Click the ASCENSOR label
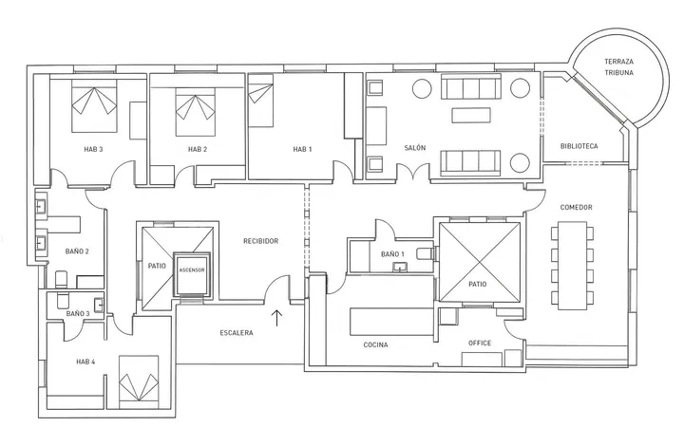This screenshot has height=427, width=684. click(192, 270)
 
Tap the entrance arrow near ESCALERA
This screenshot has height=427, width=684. click(276, 318)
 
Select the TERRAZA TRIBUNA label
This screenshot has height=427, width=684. click(618, 67)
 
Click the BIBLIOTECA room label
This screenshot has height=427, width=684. click(579, 146)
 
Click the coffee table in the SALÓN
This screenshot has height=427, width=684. click(471, 115)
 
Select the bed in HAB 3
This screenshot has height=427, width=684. click(94, 108)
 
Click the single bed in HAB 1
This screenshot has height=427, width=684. click(260, 101)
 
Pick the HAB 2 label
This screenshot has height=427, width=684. click(198, 150)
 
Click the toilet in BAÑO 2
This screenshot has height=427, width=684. click(62, 279)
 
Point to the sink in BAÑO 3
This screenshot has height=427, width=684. click(99, 305)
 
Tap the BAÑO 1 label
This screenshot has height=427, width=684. click(392, 254)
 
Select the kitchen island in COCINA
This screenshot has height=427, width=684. click(391, 322)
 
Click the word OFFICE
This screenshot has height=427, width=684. click(480, 343)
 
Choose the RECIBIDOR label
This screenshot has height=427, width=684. click(261, 241)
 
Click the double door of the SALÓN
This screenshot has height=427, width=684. click(413, 171)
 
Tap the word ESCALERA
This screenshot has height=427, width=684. click(237, 333)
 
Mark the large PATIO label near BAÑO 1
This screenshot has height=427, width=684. click(478, 284)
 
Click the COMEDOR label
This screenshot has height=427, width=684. click(577, 208)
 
